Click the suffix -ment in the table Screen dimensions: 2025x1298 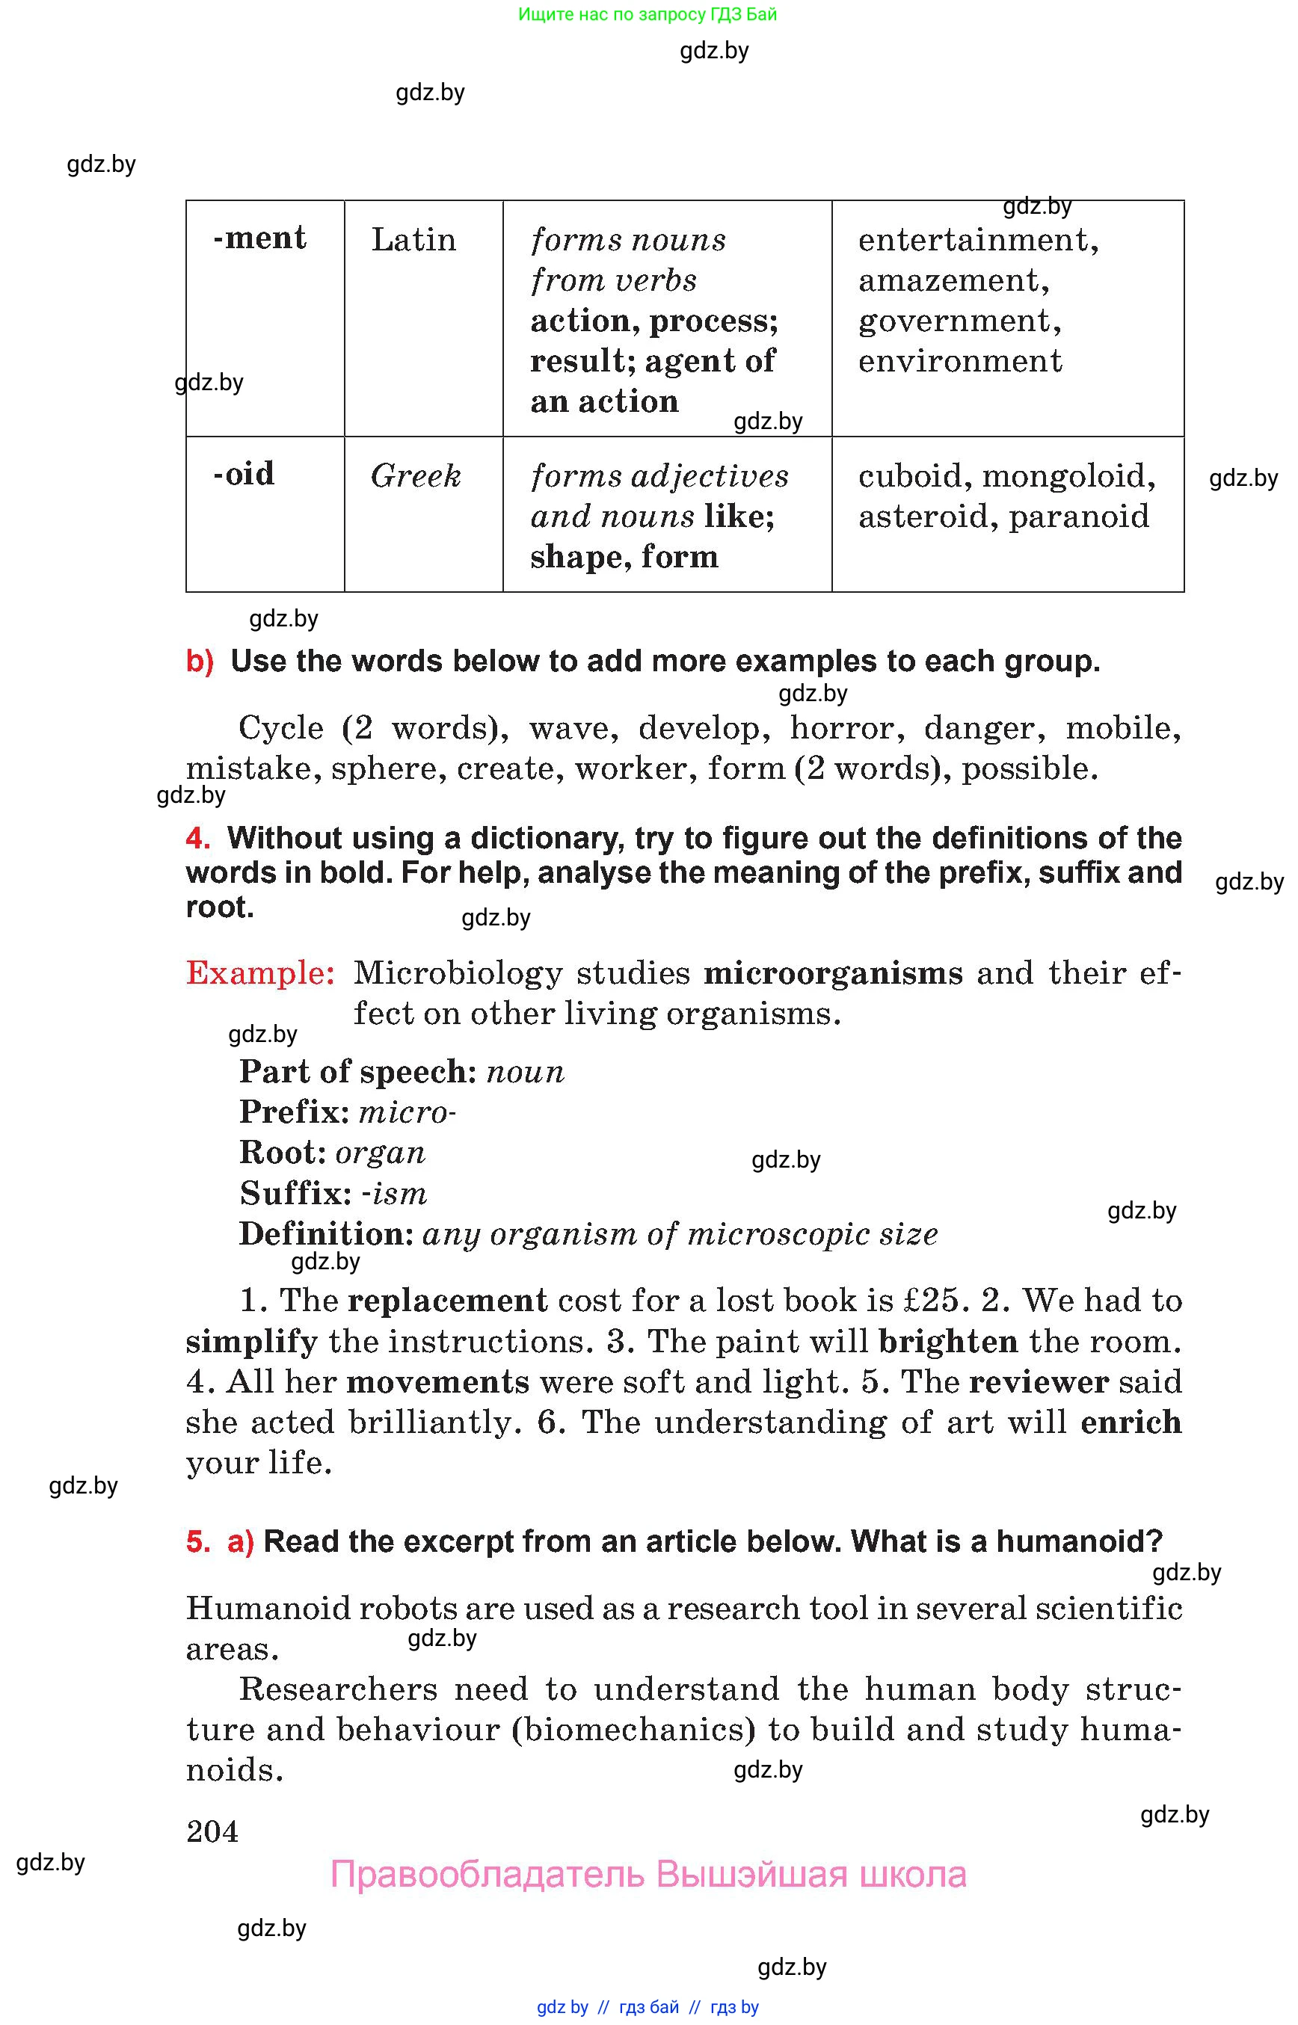(259, 238)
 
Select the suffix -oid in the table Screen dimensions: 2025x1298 (244, 474)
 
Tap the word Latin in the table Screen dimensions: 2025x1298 (413, 240)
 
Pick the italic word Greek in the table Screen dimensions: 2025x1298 (416, 476)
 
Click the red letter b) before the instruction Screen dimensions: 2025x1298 (200, 662)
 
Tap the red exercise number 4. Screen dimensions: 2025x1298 (197, 839)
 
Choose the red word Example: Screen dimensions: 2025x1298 (260, 973)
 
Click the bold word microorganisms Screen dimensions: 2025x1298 (833, 973)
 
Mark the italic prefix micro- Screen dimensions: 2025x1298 (407, 1113)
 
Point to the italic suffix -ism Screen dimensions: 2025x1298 (393, 1194)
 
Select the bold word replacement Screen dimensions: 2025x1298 (448, 1301)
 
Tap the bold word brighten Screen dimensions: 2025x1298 (948, 1342)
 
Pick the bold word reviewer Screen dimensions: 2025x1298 (1039, 1382)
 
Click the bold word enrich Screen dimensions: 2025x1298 (1131, 1423)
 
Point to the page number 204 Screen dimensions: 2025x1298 (212, 1832)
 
